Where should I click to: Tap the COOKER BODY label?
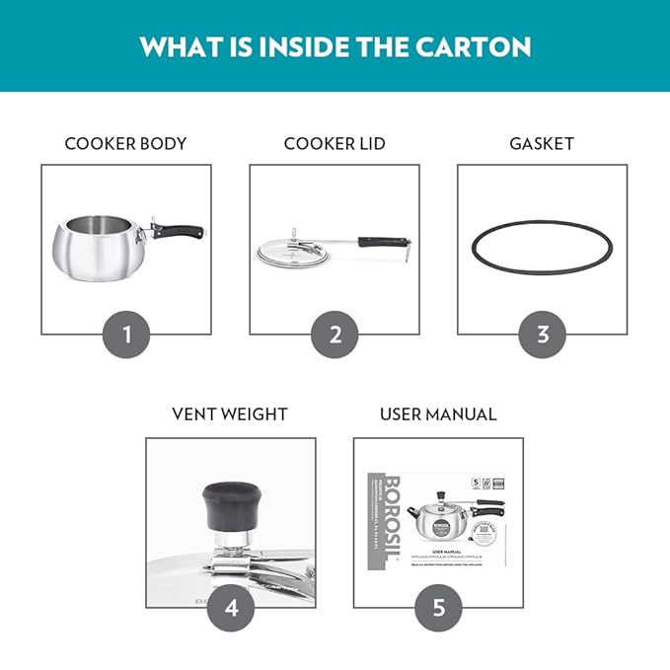[125, 144]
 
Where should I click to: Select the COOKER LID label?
[335, 144]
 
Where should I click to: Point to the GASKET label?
[542, 144]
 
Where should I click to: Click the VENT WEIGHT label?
[230, 414]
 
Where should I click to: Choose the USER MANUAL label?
[438, 414]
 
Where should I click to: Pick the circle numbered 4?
[231, 608]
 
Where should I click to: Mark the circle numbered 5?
[438, 608]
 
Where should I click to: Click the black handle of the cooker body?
[182, 232]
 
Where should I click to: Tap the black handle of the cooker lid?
[383, 241]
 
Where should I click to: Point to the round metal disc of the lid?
[286, 251]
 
